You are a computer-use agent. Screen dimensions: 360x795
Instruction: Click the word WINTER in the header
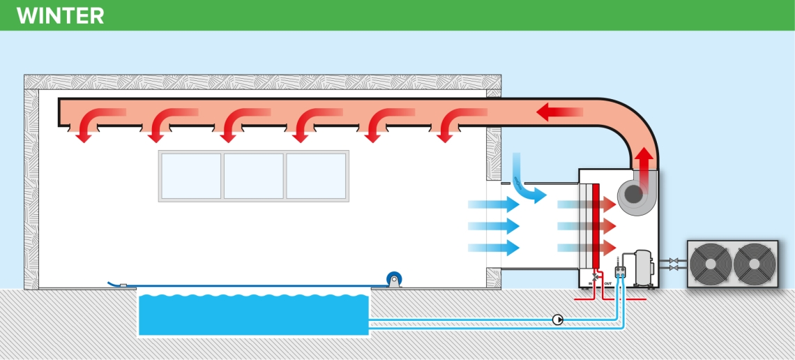click(61, 15)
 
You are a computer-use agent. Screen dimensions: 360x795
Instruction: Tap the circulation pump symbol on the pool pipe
click(558, 320)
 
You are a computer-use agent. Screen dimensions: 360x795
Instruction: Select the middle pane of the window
click(253, 176)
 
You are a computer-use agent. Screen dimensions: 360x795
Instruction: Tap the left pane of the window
click(191, 176)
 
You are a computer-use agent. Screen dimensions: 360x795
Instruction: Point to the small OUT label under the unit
click(607, 284)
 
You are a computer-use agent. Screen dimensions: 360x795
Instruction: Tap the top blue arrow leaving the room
click(494, 204)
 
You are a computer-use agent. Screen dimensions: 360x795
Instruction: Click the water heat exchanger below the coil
click(620, 273)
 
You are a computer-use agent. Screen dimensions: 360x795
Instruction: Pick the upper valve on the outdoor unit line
click(673, 261)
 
